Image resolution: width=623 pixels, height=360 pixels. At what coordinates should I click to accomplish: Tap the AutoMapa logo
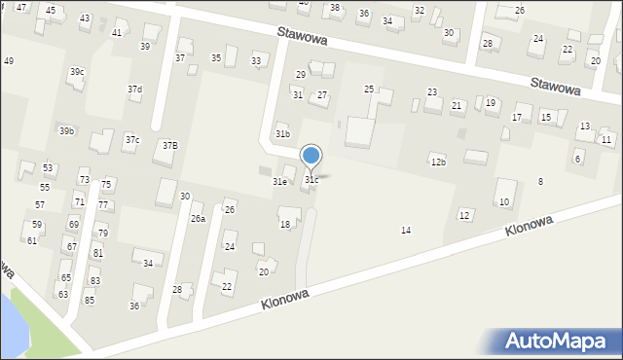tap(556, 342)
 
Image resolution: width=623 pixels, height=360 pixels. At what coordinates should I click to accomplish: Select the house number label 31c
tap(311, 180)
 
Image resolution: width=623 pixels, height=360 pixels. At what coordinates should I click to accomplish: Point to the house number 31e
tap(279, 181)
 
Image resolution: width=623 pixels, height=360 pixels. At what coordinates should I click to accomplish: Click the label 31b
tap(282, 133)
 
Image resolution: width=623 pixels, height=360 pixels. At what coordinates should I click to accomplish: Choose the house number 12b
tap(438, 162)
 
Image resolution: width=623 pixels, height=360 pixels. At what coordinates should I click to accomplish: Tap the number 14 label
tap(406, 230)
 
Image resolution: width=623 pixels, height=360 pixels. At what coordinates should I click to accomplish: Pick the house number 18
tap(285, 225)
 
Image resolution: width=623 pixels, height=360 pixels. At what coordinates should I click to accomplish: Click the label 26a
tap(198, 219)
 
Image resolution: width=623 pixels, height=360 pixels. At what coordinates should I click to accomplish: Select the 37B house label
tap(170, 145)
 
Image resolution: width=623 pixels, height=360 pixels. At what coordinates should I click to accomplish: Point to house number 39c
tap(77, 72)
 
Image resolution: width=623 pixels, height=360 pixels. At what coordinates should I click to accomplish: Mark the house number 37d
tap(134, 90)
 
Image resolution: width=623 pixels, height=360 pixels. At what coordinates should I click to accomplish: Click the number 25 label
tap(369, 90)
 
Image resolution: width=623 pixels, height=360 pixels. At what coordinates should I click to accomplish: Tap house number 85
tap(90, 300)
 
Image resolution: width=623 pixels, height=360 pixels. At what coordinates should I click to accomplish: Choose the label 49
tap(9, 61)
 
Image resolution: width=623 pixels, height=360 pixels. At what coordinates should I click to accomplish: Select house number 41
tap(117, 33)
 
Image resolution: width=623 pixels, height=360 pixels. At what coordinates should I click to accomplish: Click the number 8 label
tap(540, 182)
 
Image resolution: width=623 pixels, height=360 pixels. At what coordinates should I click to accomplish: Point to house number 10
tap(504, 202)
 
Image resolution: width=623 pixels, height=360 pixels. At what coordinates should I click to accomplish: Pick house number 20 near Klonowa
tap(263, 271)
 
